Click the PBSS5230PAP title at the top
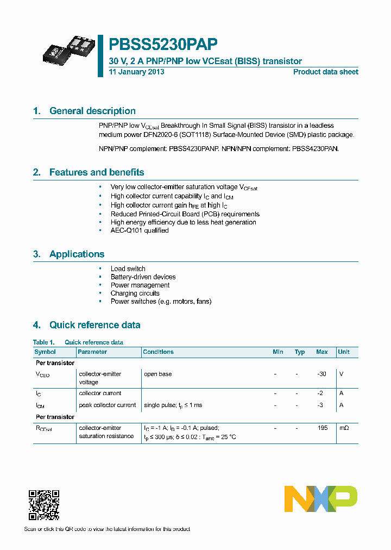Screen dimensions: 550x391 point(163,44)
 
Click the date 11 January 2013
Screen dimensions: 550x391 point(136,72)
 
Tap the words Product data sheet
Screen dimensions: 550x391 point(325,72)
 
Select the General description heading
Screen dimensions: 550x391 point(92,111)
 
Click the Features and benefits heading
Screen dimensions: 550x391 point(97,172)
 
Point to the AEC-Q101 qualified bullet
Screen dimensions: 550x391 point(140,230)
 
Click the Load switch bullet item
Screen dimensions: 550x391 point(128,268)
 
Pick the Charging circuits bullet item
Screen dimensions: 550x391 point(135,293)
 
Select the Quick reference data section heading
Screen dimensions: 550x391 point(94,325)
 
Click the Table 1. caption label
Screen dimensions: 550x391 point(44,342)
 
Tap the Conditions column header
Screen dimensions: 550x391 point(158,352)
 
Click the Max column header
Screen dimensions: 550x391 point(322,352)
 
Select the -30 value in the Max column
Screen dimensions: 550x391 point(322,374)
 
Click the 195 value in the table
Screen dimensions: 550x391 point(323,428)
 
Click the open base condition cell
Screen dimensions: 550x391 point(157,374)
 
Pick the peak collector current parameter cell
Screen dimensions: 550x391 point(107,405)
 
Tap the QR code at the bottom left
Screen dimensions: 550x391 point(43,505)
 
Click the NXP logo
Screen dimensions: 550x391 point(321,499)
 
